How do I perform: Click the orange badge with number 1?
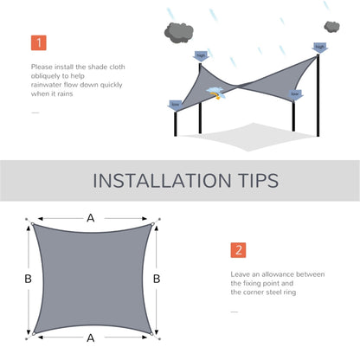click(x=39, y=42)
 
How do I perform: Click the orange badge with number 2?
click(x=238, y=251)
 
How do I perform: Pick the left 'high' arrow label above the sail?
click(x=201, y=56)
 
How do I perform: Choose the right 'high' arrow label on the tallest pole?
click(x=319, y=48)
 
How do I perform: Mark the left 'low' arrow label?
click(x=176, y=105)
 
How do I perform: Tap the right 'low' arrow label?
click(x=295, y=94)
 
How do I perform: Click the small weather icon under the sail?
click(x=210, y=92)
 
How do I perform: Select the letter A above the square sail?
click(x=90, y=218)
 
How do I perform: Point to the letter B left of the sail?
click(x=27, y=279)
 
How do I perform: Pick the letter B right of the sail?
click(x=156, y=279)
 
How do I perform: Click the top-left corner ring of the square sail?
click(x=33, y=224)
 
